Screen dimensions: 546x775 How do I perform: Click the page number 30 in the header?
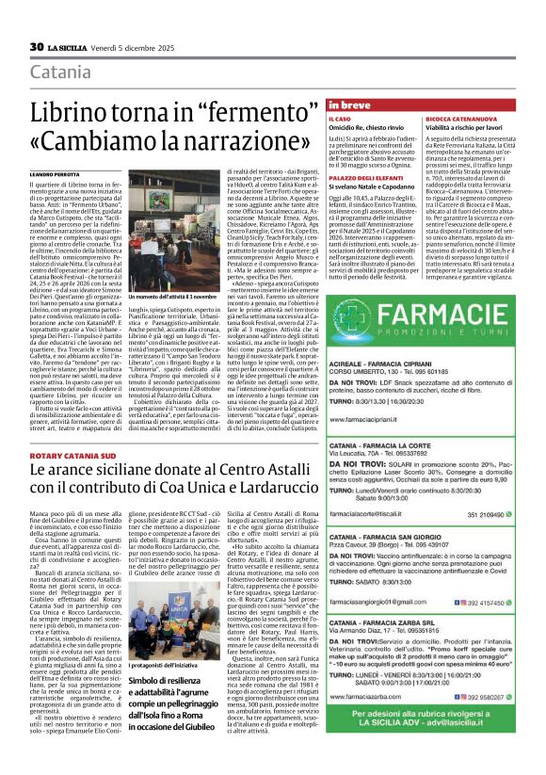click(x=37, y=45)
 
